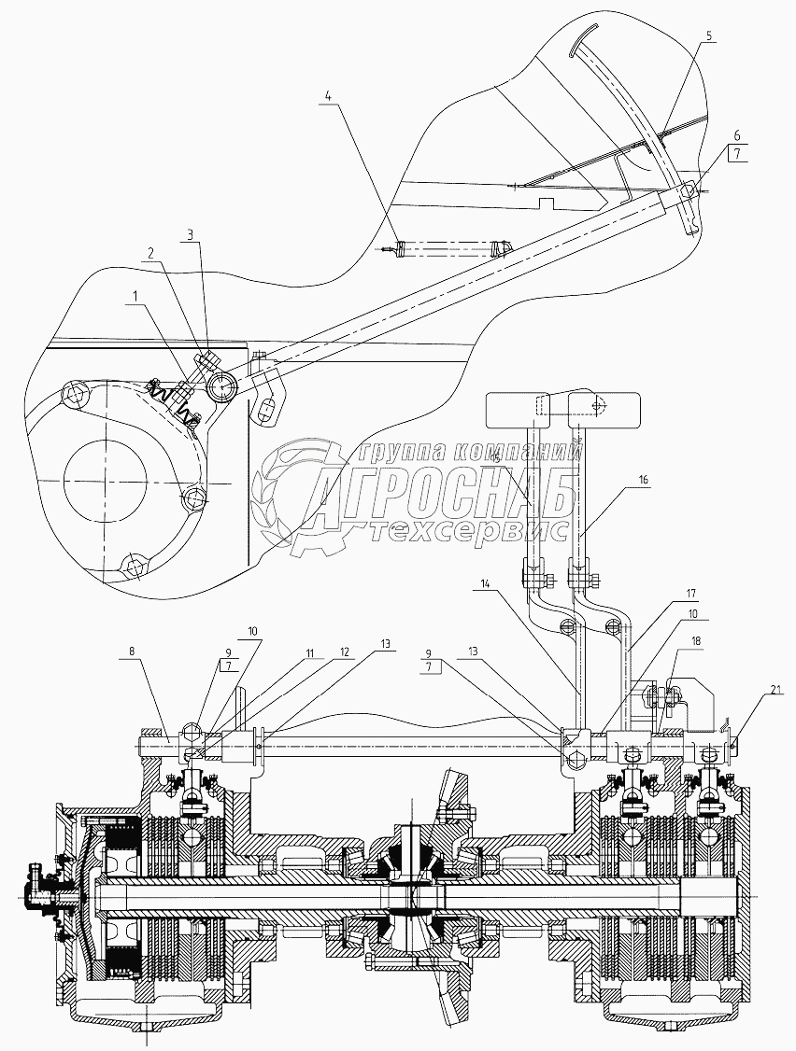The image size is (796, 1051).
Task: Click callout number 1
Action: [x=137, y=296]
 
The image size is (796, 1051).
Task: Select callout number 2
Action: [x=149, y=253]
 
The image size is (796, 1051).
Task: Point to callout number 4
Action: [x=328, y=94]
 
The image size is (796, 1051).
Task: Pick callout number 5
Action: [x=708, y=35]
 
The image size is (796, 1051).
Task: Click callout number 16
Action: [x=643, y=478]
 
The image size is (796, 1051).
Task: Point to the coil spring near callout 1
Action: [x=178, y=403]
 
